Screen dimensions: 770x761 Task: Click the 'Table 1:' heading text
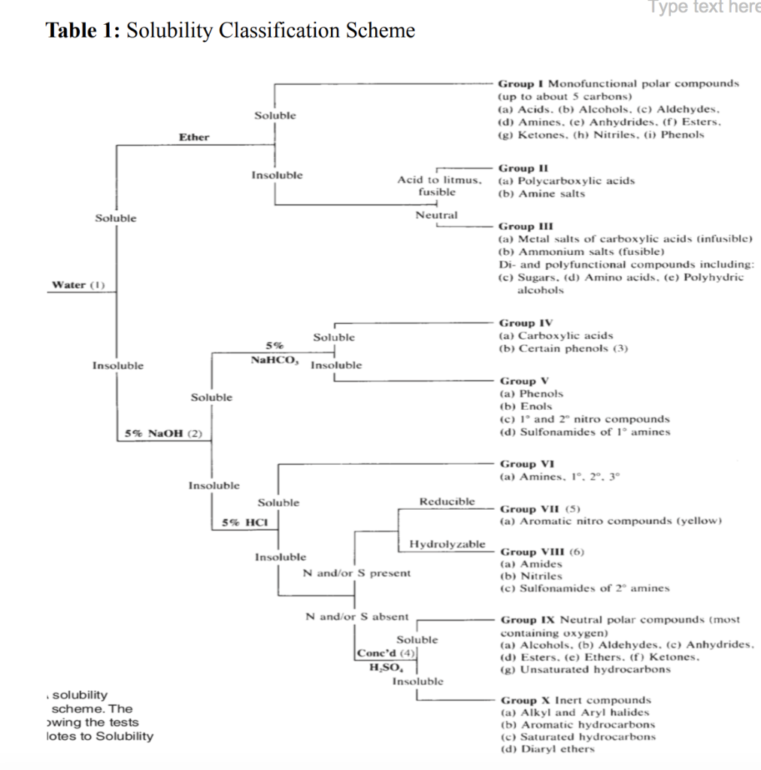click(82, 31)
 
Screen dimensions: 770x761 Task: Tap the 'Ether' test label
click(194, 138)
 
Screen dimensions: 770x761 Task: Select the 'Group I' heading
click(520, 83)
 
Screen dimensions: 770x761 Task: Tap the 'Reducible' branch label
click(447, 501)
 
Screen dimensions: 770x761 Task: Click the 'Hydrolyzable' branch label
click(447, 544)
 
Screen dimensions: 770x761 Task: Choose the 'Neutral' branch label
click(436, 215)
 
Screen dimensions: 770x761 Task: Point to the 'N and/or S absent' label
click(357, 617)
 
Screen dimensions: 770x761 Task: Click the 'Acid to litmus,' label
click(438, 180)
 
